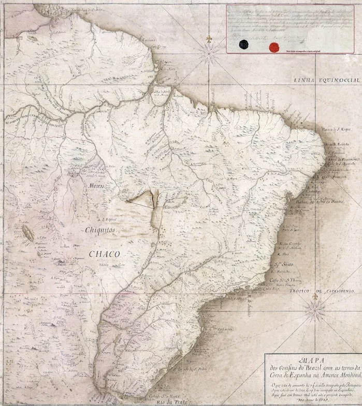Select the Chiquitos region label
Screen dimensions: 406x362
102,228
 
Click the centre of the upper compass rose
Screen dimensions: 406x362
210,52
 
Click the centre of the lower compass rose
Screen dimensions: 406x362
315,309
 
